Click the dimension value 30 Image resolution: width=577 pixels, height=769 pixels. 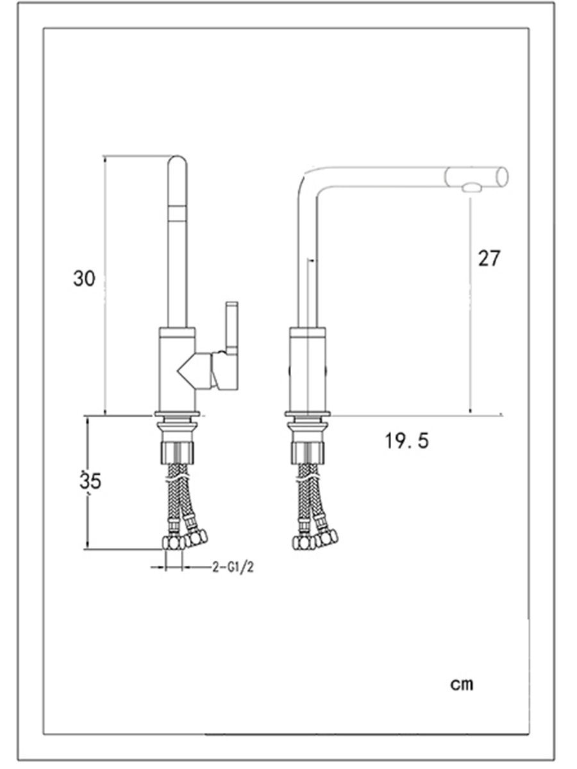[84, 279]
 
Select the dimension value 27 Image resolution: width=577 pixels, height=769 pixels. [489, 258]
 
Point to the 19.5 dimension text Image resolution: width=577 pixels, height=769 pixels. [406, 440]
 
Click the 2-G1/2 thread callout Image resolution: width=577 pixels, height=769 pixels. [233, 567]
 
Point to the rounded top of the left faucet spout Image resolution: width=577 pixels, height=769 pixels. [178, 162]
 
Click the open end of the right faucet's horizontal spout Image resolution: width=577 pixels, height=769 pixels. [502, 177]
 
